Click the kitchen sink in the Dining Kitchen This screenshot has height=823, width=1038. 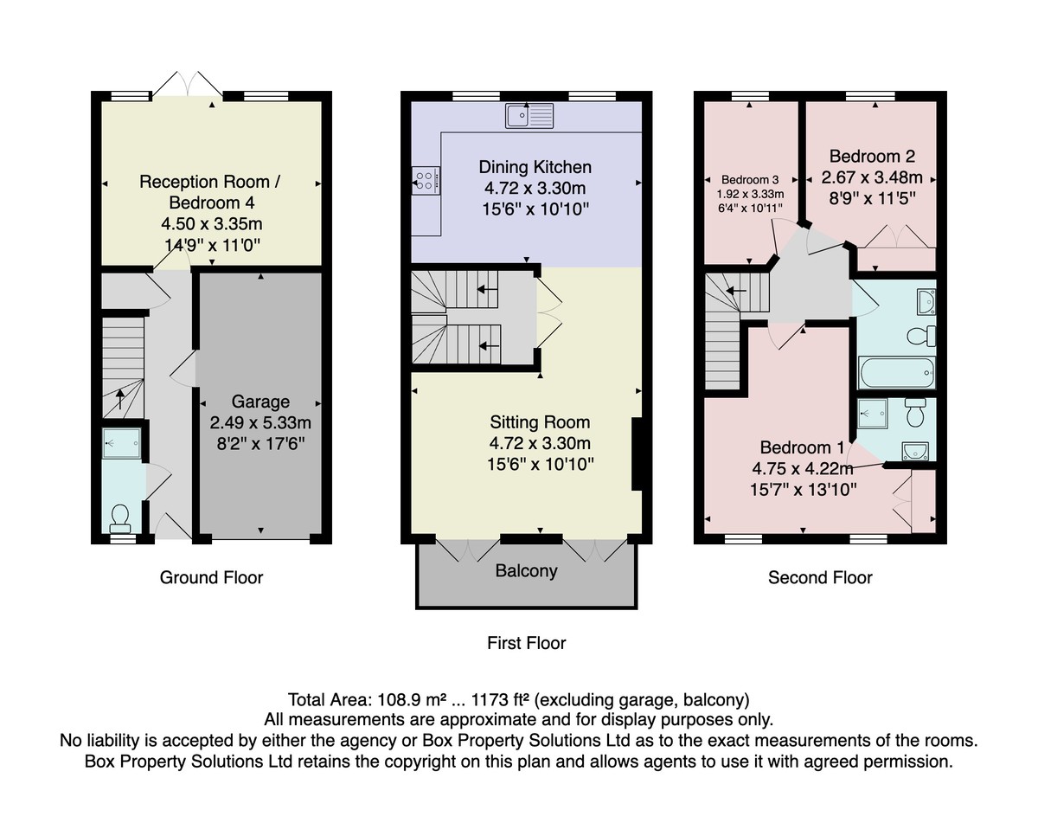click(x=529, y=116)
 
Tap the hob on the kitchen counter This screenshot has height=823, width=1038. click(x=426, y=181)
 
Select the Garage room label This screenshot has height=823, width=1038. click(x=260, y=402)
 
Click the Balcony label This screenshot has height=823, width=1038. click(x=526, y=571)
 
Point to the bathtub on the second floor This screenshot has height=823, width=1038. click(x=897, y=373)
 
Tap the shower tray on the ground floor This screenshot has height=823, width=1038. click(x=122, y=443)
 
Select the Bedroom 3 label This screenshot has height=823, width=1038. click(x=750, y=180)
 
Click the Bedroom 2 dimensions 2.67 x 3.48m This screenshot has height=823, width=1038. click(x=872, y=177)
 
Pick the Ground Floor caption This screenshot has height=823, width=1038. click(x=211, y=578)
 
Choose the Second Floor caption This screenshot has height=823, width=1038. click(x=820, y=578)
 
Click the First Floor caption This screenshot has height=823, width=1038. click(x=526, y=643)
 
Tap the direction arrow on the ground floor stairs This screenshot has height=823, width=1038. click(x=119, y=399)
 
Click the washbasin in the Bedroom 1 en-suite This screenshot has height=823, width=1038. click(x=915, y=452)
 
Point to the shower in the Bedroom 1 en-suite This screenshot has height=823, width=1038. click(x=873, y=414)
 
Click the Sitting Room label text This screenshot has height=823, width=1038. click(x=540, y=422)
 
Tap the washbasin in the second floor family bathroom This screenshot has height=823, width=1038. click(x=926, y=302)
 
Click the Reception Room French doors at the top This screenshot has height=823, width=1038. click(x=188, y=86)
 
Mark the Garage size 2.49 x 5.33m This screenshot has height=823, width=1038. click(x=260, y=423)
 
